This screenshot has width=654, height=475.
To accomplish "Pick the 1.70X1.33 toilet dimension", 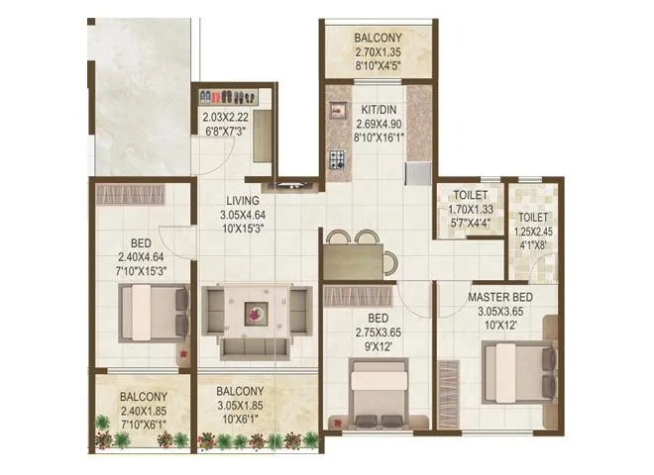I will tap(471, 210).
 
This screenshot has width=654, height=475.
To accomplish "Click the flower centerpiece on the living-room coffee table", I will tap(257, 313).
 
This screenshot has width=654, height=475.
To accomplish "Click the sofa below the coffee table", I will tap(256, 347).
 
